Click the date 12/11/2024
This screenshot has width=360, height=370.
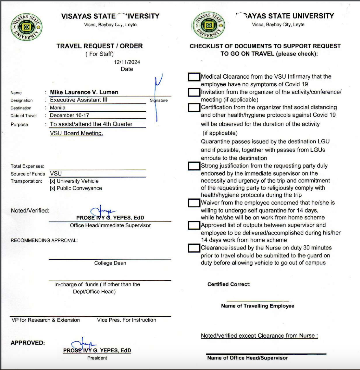(127, 62)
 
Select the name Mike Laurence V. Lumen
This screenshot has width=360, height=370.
(84, 92)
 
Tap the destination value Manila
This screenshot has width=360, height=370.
(58, 108)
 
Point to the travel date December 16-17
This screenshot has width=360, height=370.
(70, 115)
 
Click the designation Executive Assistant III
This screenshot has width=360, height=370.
(79, 100)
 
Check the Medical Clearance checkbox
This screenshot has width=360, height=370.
(194, 77)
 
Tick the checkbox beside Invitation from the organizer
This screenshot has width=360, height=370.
(194, 92)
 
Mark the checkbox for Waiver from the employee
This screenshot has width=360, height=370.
(194, 203)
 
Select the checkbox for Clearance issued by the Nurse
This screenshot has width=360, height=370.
(194, 248)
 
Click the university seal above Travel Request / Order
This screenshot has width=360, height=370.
(26, 27)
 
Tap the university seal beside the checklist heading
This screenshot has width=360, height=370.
(209, 25)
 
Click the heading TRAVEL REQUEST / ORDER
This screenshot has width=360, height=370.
(99, 46)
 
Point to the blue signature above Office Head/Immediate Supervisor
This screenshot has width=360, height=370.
(102, 211)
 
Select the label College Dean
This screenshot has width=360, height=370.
(110, 263)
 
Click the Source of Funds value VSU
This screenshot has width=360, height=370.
(56, 174)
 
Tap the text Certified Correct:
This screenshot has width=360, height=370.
(229, 285)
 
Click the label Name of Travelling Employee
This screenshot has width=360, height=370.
(258, 306)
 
